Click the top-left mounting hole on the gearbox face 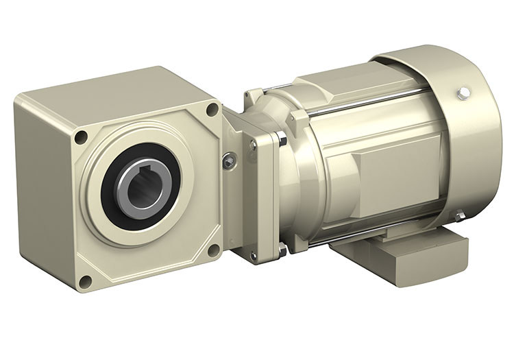(81, 136)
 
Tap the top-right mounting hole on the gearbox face (212, 109)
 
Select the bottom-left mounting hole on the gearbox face (85, 281)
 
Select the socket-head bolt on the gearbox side (230, 161)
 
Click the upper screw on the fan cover (464, 92)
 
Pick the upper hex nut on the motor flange (282, 140)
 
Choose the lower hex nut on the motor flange (282, 250)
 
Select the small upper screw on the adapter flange (253, 145)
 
